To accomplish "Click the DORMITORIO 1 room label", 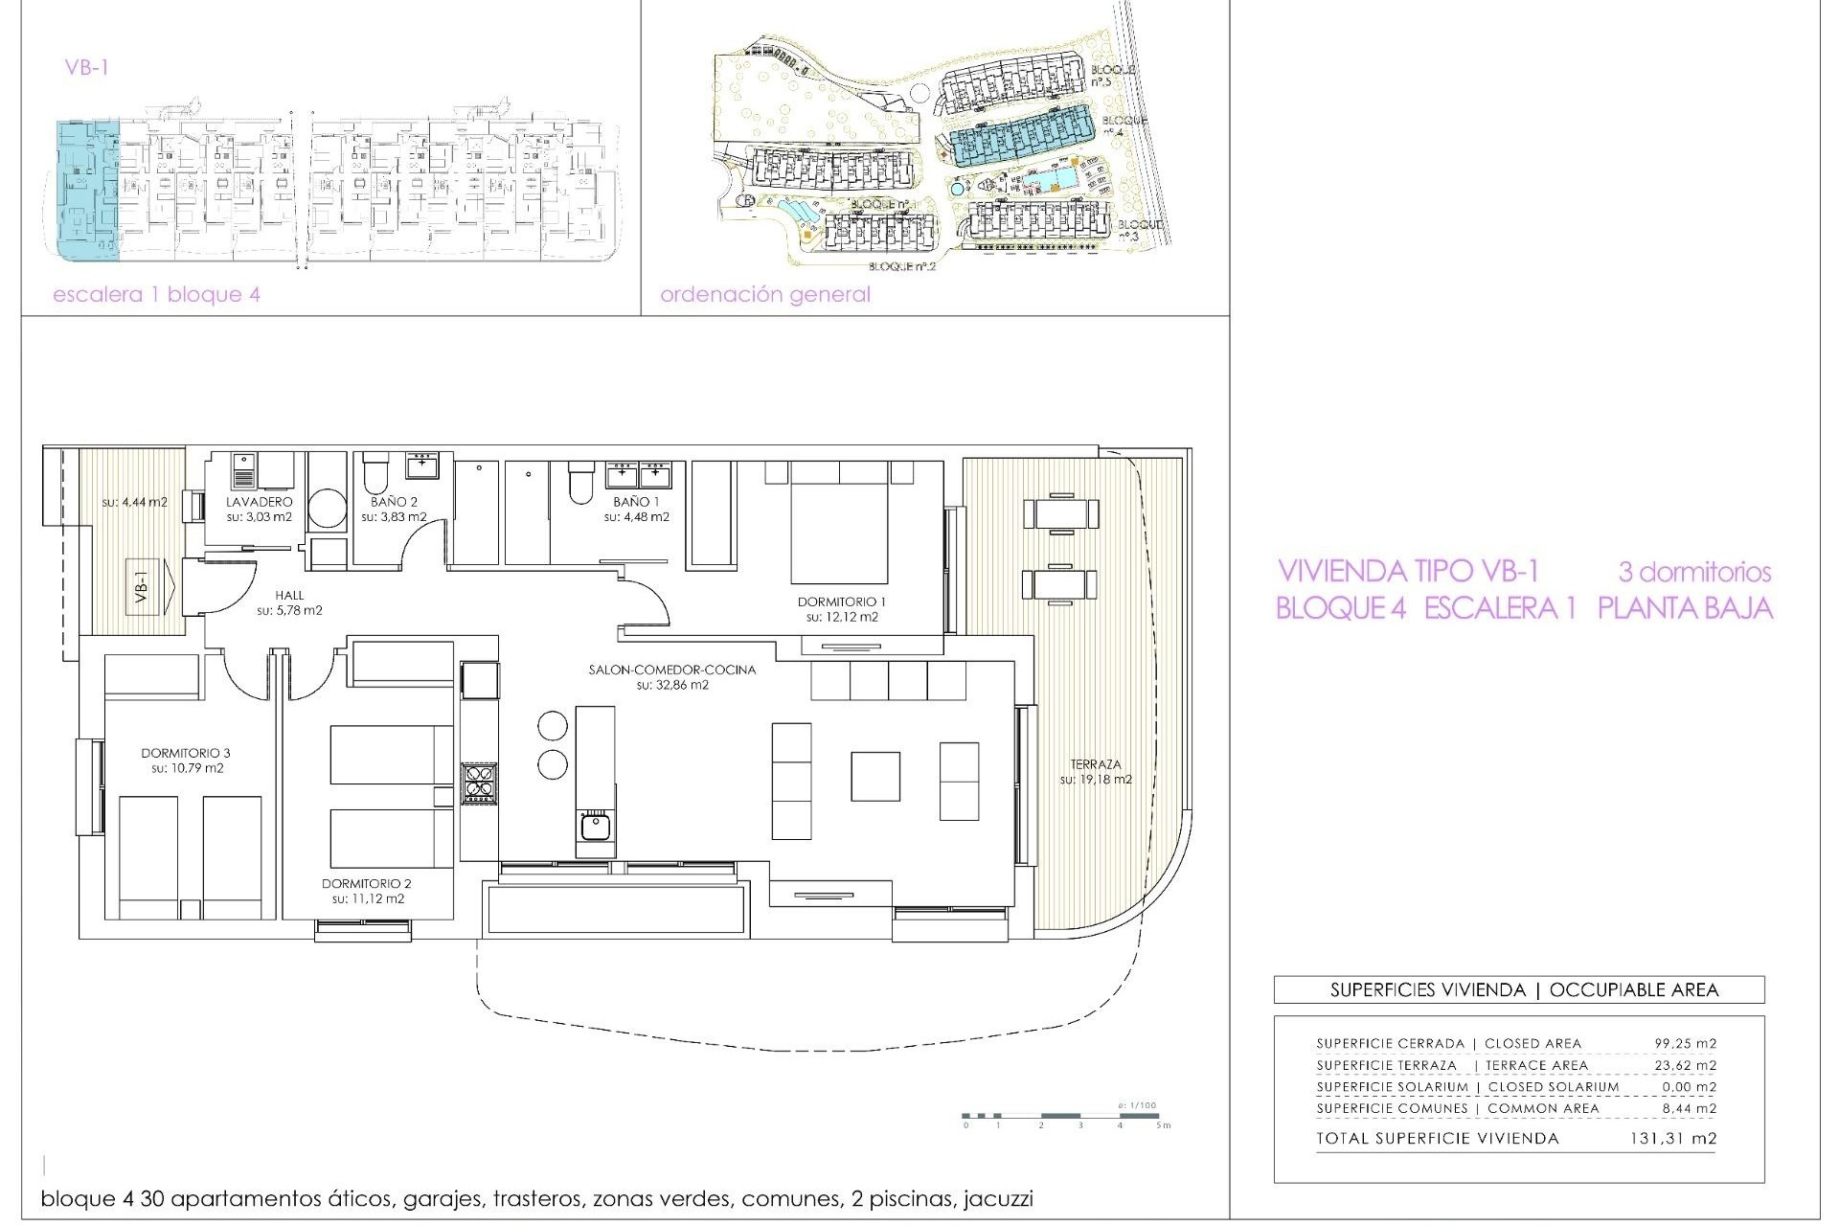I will [x=842, y=602].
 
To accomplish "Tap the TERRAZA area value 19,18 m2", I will [x=1096, y=780].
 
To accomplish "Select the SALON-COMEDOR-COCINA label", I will [x=671, y=670].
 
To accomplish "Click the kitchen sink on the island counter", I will [x=595, y=825].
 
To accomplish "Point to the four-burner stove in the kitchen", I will [x=479, y=782].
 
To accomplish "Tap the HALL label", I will [x=289, y=595].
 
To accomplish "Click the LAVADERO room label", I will [x=259, y=502].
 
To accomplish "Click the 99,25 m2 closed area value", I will [x=1685, y=1043].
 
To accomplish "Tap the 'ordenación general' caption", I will [x=764, y=295].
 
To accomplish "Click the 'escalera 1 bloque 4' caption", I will [x=156, y=295].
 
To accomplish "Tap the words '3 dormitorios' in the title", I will [x=1693, y=573].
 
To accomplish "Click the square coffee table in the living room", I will [x=874, y=776].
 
